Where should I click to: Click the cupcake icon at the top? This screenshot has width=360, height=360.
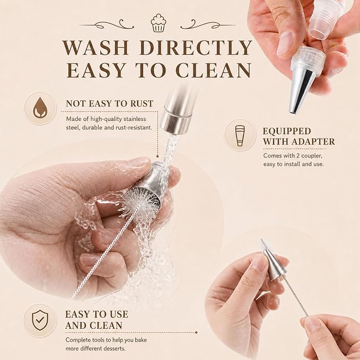[x=159, y=22]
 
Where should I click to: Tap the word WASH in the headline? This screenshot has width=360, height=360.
[x=95, y=48]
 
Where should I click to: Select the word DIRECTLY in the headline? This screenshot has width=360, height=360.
[x=196, y=48]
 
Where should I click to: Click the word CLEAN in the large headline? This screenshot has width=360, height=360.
[x=214, y=70]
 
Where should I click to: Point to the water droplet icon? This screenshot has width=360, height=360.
[x=40, y=108]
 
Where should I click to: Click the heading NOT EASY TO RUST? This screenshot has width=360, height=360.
[x=110, y=103]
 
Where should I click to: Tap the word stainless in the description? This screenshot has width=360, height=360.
[x=135, y=119]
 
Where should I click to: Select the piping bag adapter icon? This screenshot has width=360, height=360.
[x=240, y=135]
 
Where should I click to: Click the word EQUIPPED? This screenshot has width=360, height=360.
[x=287, y=131]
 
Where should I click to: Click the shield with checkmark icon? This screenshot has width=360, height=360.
[x=40, y=320]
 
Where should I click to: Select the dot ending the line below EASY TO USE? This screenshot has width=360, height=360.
[x=196, y=332]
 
